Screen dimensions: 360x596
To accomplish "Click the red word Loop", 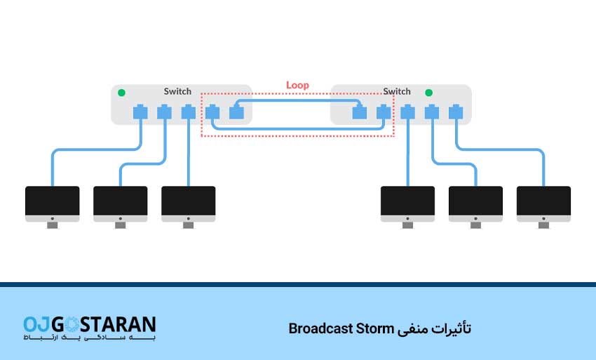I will pyautogui.click(x=297, y=86).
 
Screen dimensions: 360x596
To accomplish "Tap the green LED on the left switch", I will pyautogui.click(x=121, y=92).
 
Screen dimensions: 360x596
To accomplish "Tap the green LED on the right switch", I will pyautogui.click(x=428, y=92).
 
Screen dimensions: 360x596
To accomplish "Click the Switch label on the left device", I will pyautogui.click(x=177, y=91).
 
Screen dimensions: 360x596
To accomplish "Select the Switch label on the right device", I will pyautogui.click(x=397, y=91).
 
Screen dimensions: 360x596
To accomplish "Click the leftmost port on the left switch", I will pyautogui.click(x=140, y=112).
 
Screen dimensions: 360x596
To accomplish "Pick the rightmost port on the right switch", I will pyautogui.click(x=456, y=112).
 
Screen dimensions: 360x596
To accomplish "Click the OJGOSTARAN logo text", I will pyautogui.click(x=89, y=324).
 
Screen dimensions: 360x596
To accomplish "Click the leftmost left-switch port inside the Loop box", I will pyautogui.click(x=212, y=112).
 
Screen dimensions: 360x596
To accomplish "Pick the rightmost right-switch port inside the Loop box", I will pyautogui.click(x=383, y=112).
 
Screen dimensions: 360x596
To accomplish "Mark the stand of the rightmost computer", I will pyautogui.click(x=543, y=225).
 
